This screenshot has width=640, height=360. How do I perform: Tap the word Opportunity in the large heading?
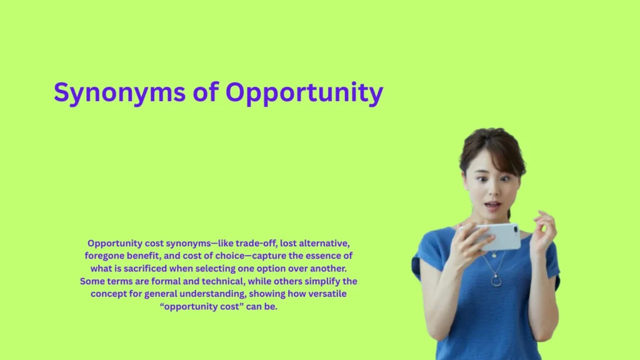(304, 93)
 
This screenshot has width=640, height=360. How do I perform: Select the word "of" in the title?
(204, 93)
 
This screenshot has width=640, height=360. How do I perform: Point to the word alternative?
(319, 243)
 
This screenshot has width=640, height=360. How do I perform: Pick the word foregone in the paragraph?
(104, 256)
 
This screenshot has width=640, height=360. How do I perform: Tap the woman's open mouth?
(492, 205)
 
